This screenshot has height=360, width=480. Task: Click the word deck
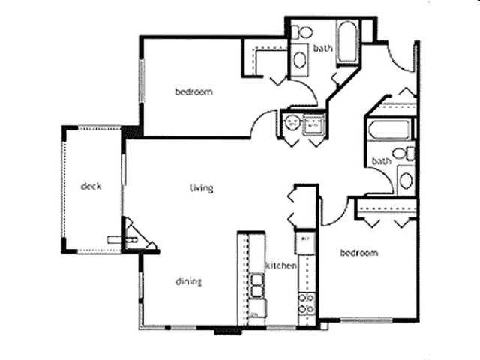click(x=91, y=187)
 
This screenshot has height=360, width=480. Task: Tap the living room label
click(x=201, y=187)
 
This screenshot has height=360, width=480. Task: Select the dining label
click(x=188, y=281)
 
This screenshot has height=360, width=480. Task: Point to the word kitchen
click(x=282, y=265)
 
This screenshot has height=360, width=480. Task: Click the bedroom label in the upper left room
click(x=193, y=92)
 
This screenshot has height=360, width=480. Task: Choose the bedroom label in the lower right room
click(x=359, y=253)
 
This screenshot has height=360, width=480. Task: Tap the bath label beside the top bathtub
click(x=323, y=49)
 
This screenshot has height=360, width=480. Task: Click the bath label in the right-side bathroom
click(x=381, y=161)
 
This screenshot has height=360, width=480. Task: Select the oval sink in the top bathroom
click(x=299, y=59)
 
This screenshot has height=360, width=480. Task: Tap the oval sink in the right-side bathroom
click(x=405, y=180)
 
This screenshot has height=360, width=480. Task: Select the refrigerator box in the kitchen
click(x=305, y=241)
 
